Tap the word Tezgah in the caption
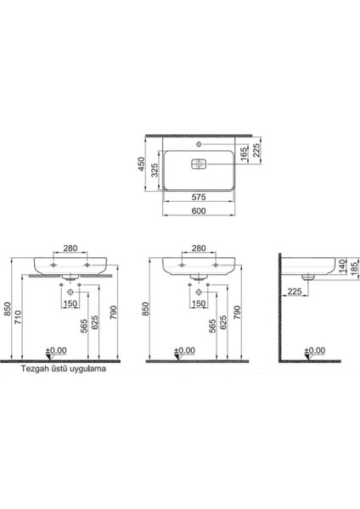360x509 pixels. [25, 369]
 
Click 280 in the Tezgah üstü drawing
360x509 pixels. [70, 249]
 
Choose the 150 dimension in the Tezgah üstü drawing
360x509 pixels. [70, 304]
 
